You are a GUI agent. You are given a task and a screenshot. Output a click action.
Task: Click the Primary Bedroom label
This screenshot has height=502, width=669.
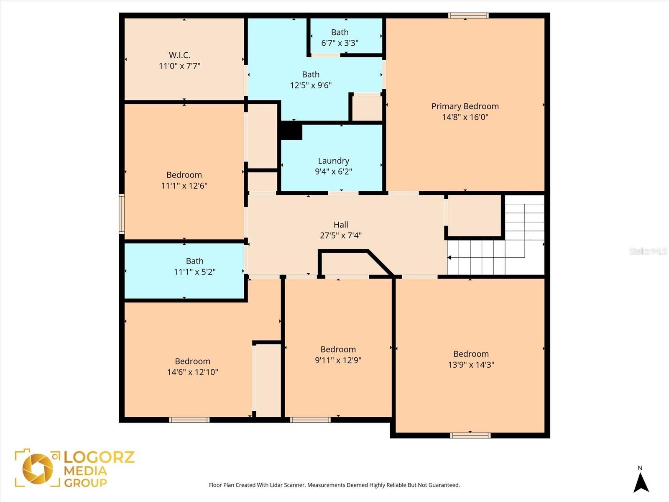pyautogui.click(x=465, y=106)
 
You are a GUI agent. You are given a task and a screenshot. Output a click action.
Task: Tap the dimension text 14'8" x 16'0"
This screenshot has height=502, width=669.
pyautogui.click(x=465, y=117)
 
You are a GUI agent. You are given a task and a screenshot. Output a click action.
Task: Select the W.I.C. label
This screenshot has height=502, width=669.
pyautogui.click(x=179, y=55)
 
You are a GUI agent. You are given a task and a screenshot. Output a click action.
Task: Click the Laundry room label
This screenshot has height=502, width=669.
pyautogui.click(x=333, y=161)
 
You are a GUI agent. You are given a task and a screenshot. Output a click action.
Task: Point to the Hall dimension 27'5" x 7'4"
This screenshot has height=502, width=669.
pyautogui.click(x=341, y=236)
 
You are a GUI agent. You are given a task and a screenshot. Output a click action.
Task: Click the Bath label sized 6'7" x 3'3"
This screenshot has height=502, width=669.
pyautogui.click(x=340, y=32)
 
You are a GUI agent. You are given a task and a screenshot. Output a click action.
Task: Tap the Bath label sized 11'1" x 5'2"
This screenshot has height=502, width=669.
pyautogui.click(x=194, y=261)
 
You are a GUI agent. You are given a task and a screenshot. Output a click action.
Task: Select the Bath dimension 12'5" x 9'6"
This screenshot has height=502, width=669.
pyautogui.click(x=311, y=85)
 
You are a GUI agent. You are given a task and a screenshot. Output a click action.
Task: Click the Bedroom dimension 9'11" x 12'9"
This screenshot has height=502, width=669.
pyautogui.click(x=338, y=360)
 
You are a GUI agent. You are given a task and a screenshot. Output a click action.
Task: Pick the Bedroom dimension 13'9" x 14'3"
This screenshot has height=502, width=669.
pyautogui.click(x=471, y=365)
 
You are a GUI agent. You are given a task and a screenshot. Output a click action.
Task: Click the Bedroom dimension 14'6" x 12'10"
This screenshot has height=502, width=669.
pyautogui.click(x=192, y=372)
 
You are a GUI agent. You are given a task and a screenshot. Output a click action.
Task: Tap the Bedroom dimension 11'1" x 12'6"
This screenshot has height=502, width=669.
pyautogui.click(x=184, y=186)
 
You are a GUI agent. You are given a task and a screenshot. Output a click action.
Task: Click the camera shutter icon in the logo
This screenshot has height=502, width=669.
pyautogui.click(x=38, y=468)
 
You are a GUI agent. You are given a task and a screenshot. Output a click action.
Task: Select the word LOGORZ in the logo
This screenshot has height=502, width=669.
pyautogui.click(x=99, y=457)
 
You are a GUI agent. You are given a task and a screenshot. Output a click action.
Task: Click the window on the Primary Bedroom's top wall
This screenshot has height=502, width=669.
pyautogui.click(x=468, y=16)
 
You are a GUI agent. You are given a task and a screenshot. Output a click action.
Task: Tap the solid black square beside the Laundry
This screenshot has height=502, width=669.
pyautogui.click(x=291, y=131)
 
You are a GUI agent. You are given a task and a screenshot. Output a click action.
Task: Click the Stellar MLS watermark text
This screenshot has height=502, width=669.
pyautogui.click(x=648, y=251)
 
